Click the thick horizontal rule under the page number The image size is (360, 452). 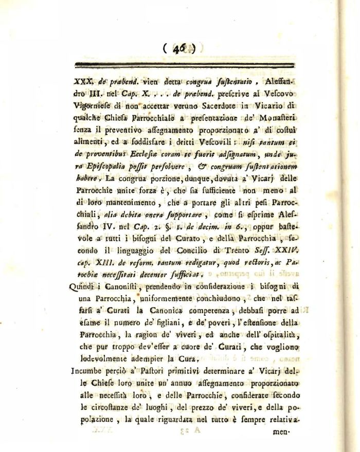point(184,65)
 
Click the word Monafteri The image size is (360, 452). point(276,120)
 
